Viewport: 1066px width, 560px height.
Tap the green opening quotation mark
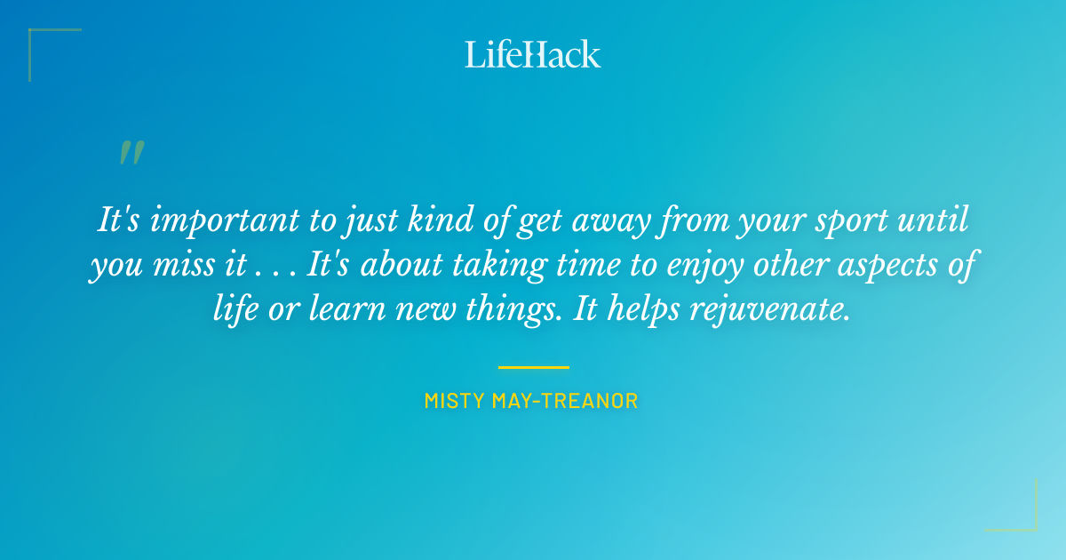(x=131, y=153)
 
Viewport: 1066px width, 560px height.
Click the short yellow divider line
(x=533, y=366)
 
